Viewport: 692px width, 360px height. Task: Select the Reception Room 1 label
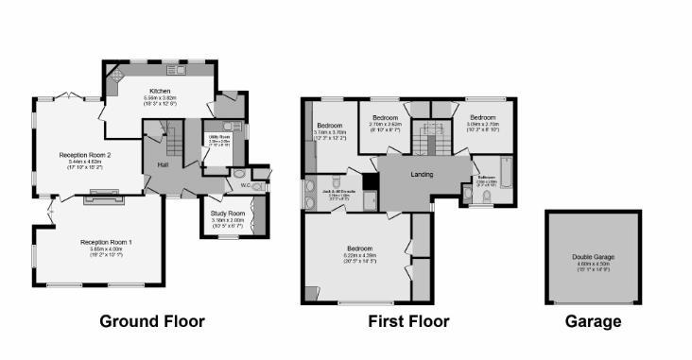106,242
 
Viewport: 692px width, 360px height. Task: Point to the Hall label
163,164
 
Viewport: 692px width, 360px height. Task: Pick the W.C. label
245,185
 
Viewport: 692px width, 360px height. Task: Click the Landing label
421,175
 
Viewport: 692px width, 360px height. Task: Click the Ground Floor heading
151,321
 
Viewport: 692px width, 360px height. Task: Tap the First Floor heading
408,321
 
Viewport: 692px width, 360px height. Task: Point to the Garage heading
593,321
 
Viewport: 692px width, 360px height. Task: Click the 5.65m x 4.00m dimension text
106,249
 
